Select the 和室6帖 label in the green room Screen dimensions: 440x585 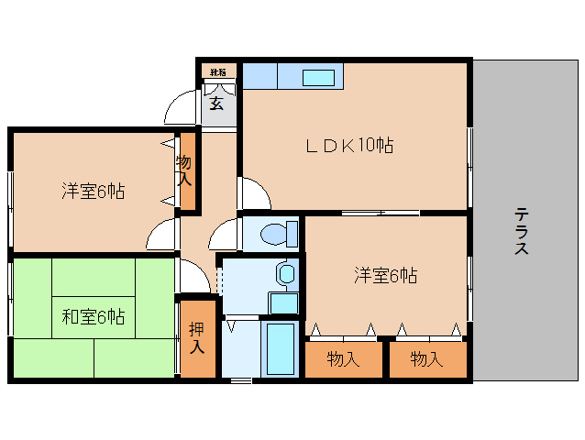tap(94, 316)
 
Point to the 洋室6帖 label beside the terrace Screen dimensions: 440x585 tap(386, 275)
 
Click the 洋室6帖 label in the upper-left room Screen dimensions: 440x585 tap(94, 192)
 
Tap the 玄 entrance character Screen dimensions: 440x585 tap(216, 103)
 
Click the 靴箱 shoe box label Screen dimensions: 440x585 tap(218, 71)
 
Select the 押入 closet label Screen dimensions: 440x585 tap(197, 337)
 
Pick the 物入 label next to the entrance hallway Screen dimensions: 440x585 tap(184, 170)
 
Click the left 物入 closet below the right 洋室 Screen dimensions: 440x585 tap(344, 359)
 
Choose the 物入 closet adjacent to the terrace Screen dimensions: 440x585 tap(426, 359)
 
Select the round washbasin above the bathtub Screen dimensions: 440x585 tap(286, 273)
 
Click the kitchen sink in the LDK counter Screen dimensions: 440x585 tap(318, 77)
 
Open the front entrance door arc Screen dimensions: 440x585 tap(182, 110)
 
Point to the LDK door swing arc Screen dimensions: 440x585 tap(254, 194)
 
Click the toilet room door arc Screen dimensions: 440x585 tap(225, 236)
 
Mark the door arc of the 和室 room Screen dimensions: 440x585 tap(194, 277)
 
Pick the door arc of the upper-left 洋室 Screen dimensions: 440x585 tap(161, 235)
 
